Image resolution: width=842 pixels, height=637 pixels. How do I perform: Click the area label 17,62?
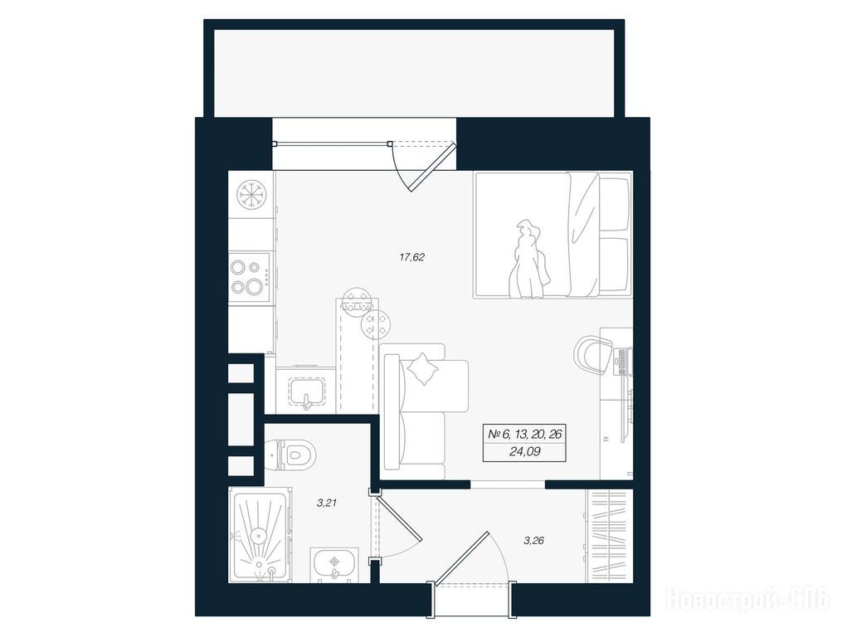411,257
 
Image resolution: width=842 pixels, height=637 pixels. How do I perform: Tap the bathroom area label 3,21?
327,503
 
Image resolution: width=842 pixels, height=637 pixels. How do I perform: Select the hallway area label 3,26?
533,540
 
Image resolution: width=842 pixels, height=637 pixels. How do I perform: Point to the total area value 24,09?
524,452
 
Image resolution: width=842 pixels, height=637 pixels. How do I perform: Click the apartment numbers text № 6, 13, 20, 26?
524,434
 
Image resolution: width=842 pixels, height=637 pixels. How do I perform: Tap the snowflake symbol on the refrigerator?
251,193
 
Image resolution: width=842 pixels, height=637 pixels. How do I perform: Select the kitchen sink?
307,390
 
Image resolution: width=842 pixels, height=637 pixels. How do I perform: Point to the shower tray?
260,535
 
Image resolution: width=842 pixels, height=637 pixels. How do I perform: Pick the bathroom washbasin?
334,565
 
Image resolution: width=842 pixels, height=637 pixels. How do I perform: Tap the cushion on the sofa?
424,368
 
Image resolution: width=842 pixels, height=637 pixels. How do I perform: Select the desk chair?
594,354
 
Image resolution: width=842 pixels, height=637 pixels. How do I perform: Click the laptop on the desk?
624,361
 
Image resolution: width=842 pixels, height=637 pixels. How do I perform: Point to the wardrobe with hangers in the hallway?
609,536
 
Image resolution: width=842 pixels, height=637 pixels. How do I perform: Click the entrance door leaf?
462,559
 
